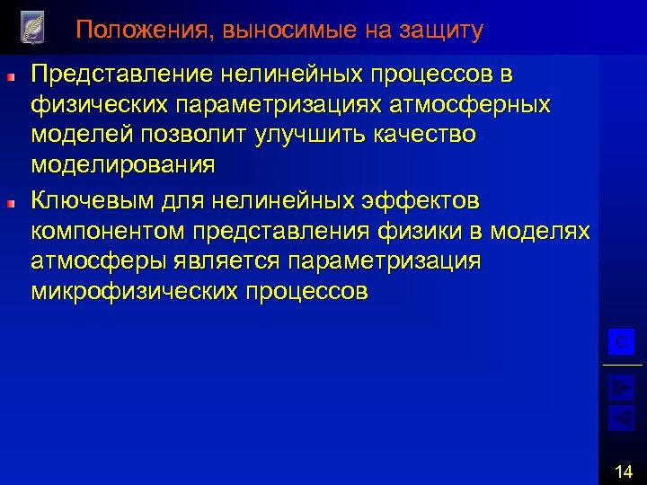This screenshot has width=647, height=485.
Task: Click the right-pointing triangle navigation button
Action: click(x=621, y=387)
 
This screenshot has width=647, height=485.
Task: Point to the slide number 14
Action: click(x=624, y=470)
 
